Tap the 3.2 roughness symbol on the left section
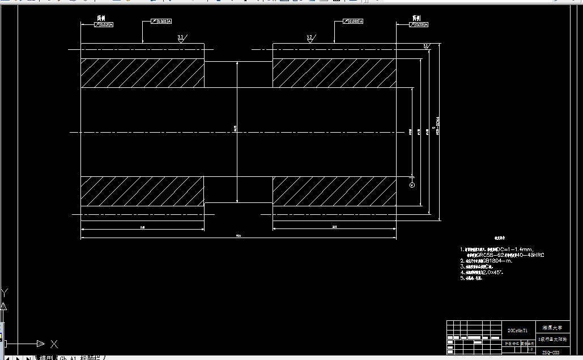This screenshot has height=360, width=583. point(181,38)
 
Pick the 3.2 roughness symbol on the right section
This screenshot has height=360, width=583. point(309,38)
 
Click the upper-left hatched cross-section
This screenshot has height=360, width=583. point(142,73)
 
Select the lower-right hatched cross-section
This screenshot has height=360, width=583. point(334,191)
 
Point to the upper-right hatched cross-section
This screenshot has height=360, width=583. point(334,73)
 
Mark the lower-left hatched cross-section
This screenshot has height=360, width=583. point(142,191)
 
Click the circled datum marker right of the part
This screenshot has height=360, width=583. point(412,185)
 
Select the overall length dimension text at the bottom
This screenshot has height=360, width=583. point(238,235)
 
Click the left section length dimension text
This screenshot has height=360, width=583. point(142,227)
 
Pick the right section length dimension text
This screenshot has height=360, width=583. point(334,227)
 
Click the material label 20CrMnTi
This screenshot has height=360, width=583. point(517,329)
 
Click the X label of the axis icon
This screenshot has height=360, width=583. point(54,344)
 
